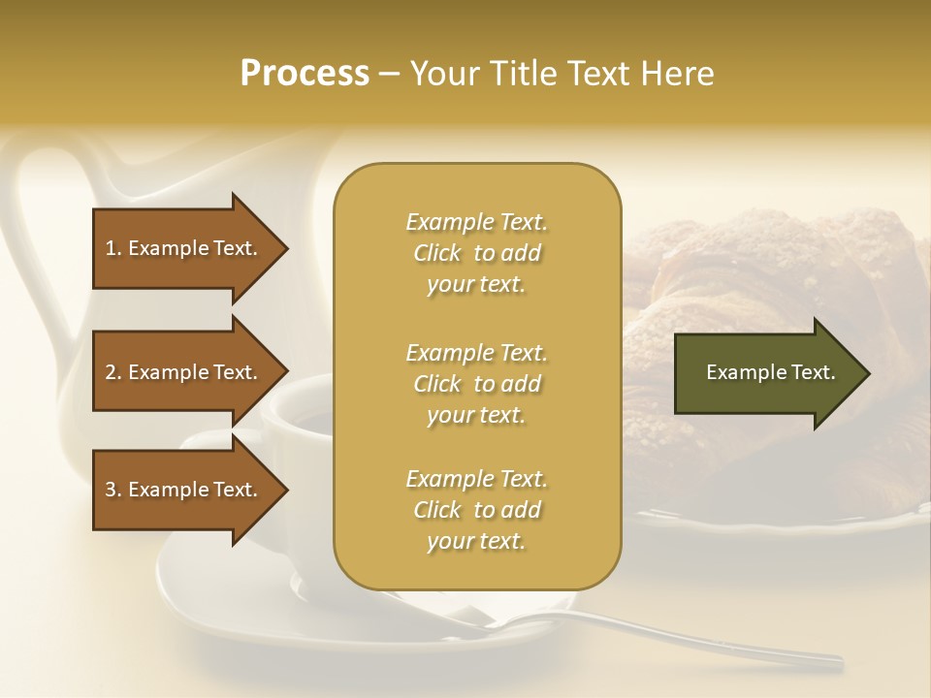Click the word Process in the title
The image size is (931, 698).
[x=305, y=74]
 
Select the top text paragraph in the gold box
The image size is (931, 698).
[x=476, y=253]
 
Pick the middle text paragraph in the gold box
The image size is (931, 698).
[x=476, y=384]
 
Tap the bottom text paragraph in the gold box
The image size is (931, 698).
[x=476, y=510]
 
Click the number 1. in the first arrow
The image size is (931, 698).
[x=113, y=248]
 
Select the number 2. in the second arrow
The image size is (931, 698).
[x=113, y=372]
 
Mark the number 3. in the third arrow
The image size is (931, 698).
[x=113, y=490]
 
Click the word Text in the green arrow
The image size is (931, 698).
[x=814, y=372]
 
